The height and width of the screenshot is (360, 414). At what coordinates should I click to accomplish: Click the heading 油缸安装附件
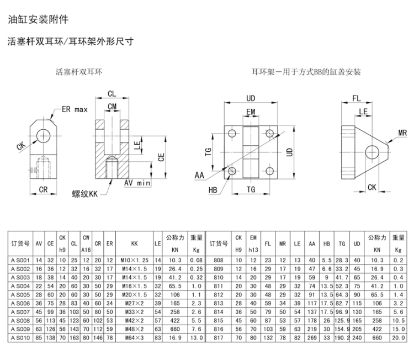[38, 19]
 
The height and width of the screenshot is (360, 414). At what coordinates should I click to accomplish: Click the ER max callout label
[75, 109]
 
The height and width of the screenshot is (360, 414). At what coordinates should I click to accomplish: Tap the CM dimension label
[112, 107]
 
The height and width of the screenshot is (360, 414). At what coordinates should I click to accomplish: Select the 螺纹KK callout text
[85, 194]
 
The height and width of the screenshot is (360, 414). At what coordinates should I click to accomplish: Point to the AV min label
[137, 183]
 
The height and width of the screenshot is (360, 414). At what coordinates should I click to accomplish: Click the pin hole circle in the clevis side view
[44, 136]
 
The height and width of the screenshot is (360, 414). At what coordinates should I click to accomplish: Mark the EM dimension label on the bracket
[251, 112]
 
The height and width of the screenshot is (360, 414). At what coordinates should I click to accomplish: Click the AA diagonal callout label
[199, 175]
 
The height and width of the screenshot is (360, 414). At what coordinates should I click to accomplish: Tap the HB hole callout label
[213, 190]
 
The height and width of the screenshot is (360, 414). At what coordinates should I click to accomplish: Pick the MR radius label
[402, 133]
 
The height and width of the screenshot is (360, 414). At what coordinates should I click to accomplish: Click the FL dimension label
[357, 98]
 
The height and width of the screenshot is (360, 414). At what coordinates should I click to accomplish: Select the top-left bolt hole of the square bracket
[232, 133]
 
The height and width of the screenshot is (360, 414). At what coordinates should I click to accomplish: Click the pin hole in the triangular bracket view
[372, 152]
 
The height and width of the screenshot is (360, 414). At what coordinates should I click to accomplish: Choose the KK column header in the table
[134, 243]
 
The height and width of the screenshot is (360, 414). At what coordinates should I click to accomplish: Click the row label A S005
[20, 295]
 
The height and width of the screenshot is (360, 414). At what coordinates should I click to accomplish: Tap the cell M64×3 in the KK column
[134, 338]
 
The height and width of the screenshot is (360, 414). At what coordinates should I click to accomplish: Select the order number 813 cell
[219, 304]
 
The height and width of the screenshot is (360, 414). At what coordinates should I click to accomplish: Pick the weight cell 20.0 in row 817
[399, 338]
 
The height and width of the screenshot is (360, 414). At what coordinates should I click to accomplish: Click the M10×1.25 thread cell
[134, 261]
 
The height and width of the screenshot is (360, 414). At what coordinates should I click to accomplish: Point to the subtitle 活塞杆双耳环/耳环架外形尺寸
[71, 41]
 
